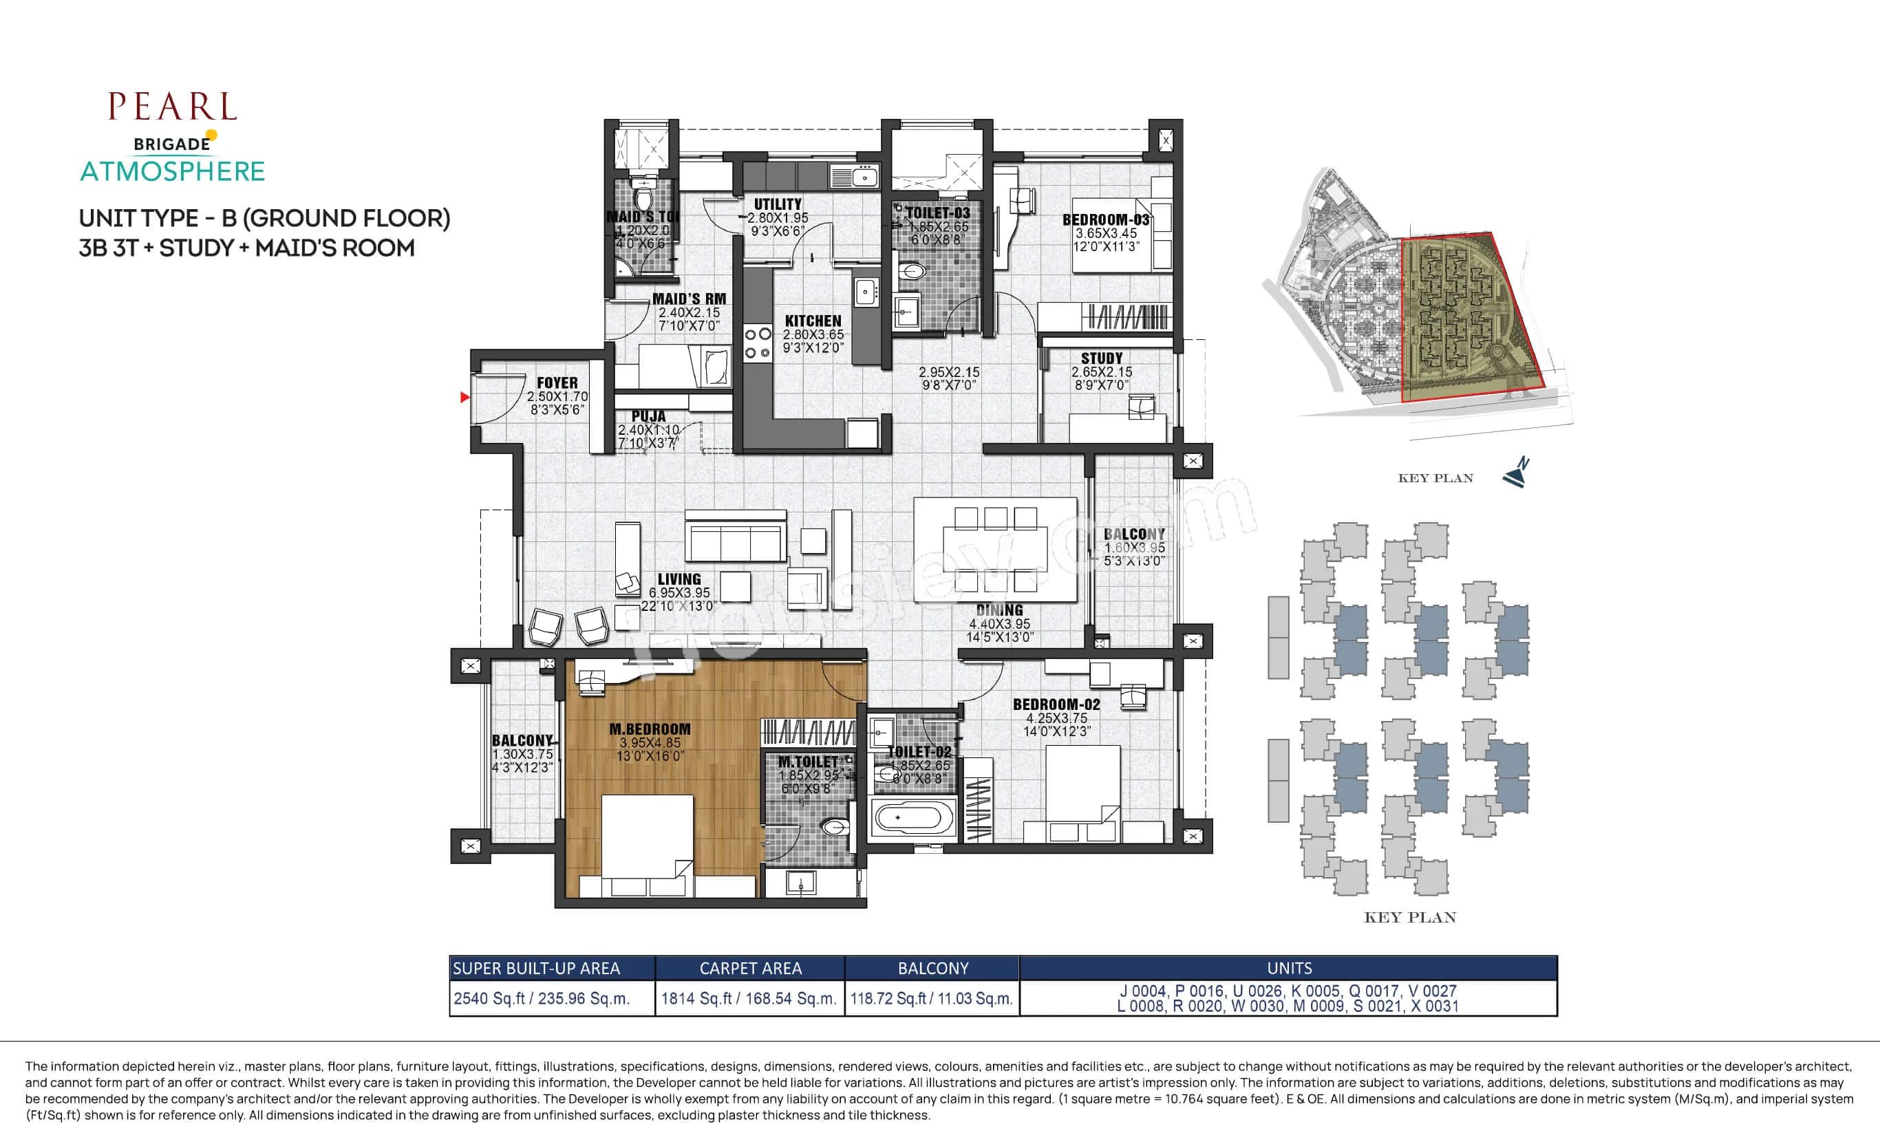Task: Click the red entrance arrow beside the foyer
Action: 464,398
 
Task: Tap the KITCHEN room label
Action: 813,321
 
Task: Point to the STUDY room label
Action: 1101,358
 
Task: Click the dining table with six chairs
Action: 995,549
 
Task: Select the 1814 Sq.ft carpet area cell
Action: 749,998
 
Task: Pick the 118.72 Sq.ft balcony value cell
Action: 931,998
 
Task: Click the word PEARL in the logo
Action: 173,107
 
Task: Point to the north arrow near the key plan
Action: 1516,474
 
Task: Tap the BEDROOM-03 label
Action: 1106,219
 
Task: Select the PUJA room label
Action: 648,416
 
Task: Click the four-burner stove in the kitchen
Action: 757,343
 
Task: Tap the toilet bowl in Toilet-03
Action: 912,271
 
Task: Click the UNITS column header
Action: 1289,968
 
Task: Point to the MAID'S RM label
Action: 689,299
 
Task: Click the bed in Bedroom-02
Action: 1082,793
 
